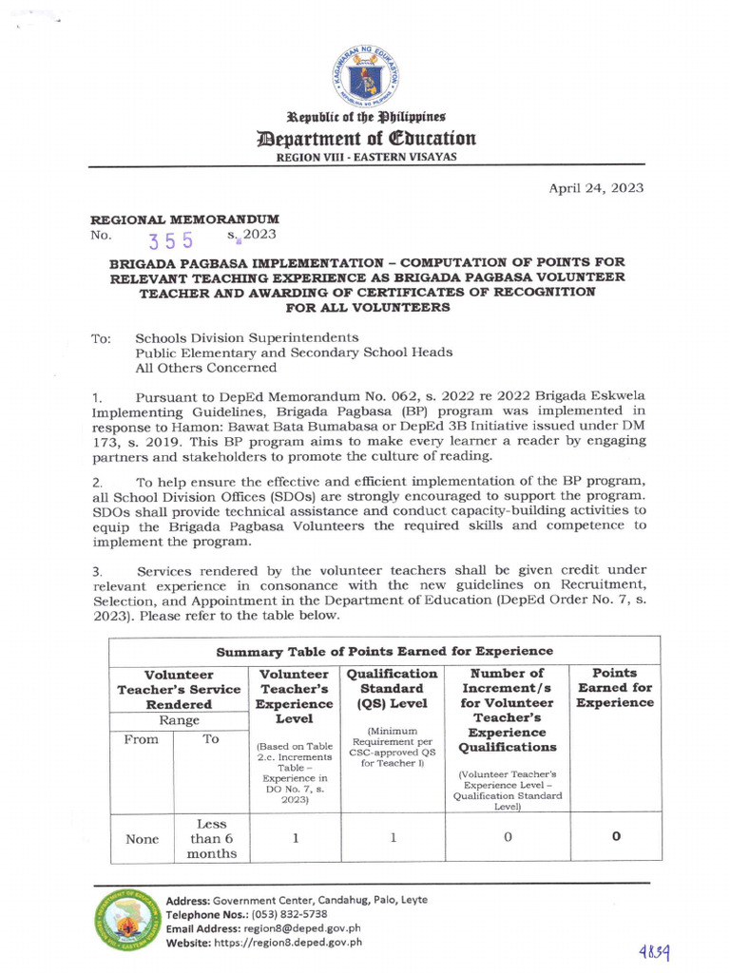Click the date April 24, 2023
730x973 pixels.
click(596, 188)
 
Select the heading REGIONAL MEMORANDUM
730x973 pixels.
click(183, 219)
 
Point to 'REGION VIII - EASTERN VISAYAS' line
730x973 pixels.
click(365, 158)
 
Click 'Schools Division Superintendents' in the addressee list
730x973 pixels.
click(247, 337)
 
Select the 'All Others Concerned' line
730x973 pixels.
click(206, 368)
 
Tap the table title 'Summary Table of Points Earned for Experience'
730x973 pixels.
click(384, 651)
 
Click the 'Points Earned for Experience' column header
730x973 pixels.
click(614, 688)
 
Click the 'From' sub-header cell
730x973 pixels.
click(141, 739)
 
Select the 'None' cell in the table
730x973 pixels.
click(141, 839)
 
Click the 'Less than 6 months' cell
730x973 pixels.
click(211, 838)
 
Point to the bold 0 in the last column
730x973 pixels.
click(615, 837)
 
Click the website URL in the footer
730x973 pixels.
click(301, 943)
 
